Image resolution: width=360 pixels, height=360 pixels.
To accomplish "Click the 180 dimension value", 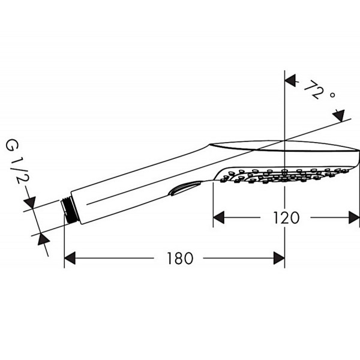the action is pos(180,258).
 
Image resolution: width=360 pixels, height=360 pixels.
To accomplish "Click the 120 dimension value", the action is pos(286,218).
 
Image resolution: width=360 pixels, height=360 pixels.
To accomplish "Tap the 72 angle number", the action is pos(314,89).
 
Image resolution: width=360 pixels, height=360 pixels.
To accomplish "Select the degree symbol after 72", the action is pos(332,95).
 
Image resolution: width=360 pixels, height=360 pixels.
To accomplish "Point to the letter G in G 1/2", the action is pos(13,146).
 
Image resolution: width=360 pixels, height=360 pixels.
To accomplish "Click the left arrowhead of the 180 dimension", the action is pos(70,258).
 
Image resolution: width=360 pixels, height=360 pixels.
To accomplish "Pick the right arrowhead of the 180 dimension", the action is pos(279,258).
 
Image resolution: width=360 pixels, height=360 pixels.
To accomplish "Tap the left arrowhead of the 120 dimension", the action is pos(218,217).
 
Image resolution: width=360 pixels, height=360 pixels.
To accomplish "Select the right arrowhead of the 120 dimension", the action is pos(354,217).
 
